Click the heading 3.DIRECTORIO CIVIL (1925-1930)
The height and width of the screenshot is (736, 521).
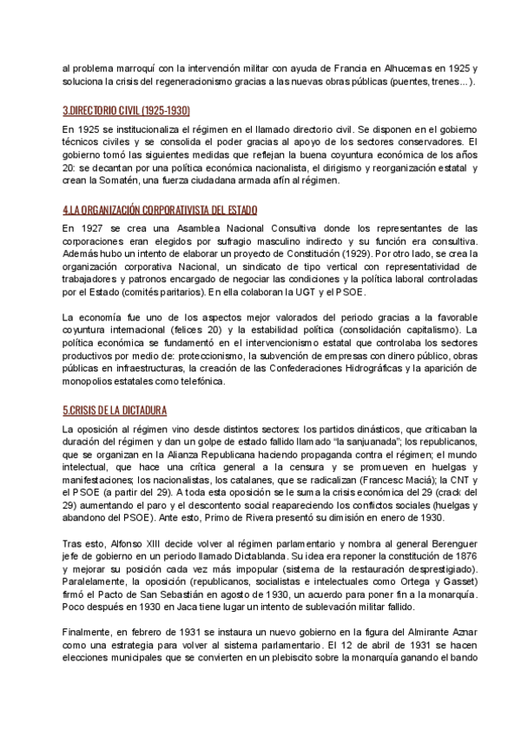click(127, 111)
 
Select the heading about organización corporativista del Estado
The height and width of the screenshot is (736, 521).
click(161, 210)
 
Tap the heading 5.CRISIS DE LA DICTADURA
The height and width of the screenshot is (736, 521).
click(115, 410)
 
